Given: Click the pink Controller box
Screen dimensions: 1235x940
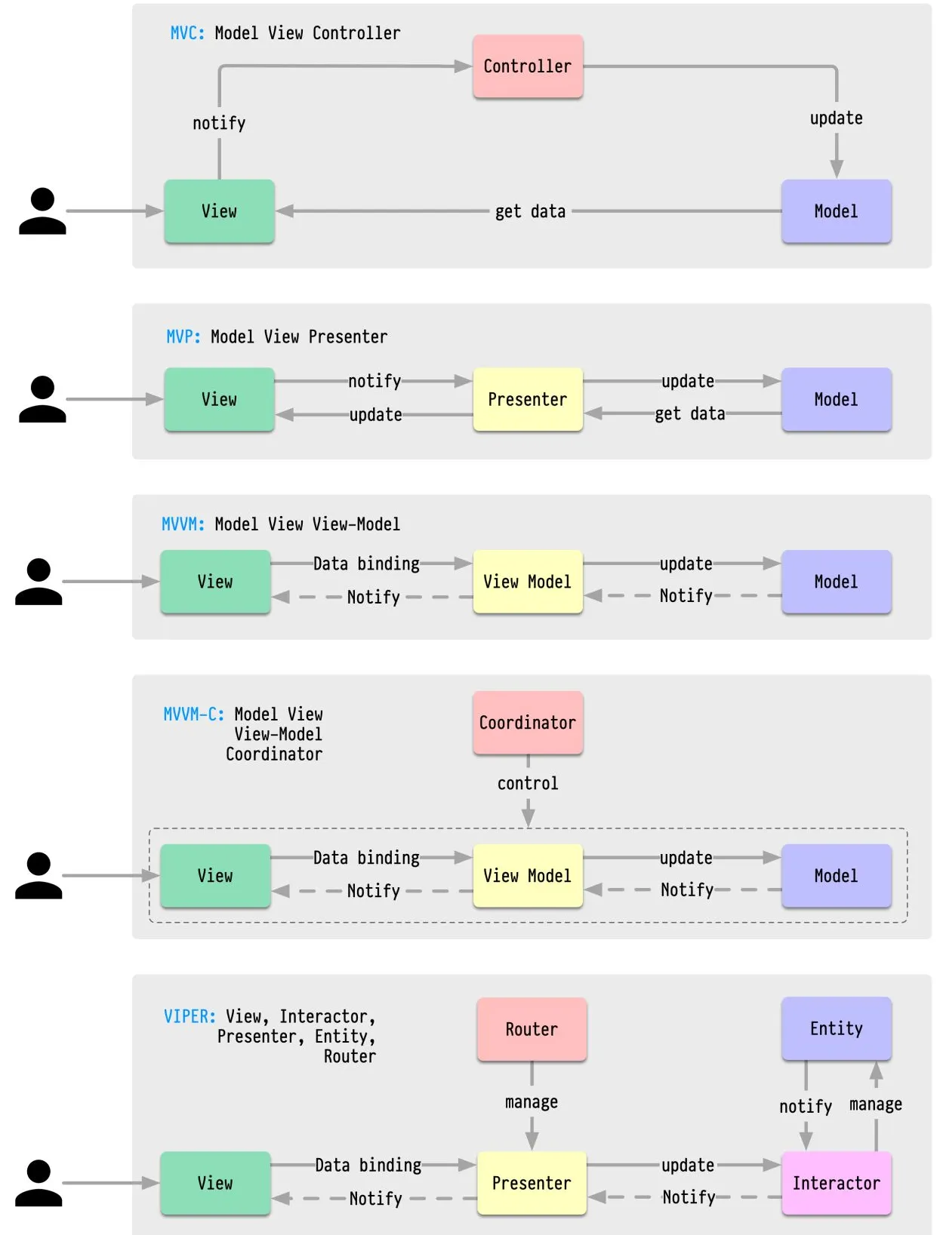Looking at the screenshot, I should [x=527, y=66].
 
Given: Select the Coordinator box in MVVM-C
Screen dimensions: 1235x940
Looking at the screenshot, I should [x=527, y=723].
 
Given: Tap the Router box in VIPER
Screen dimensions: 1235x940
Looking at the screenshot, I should [x=532, y=1029].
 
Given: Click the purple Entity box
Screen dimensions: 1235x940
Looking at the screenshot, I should [x=836, y=1028].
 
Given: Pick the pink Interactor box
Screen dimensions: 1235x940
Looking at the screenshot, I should [x=836, y=1183].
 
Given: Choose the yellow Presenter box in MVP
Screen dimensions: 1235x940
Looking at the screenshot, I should [x=527, y=399].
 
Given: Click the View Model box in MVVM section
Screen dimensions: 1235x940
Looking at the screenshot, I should [x=527, y=582].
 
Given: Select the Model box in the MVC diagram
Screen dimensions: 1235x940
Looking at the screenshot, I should [x=836, y=211].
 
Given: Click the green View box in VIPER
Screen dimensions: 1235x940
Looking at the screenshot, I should [x=215, y=1183].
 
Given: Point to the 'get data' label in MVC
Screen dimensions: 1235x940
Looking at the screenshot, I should [x=530, y=212].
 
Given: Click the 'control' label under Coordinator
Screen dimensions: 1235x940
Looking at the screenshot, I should [x=528, y=783].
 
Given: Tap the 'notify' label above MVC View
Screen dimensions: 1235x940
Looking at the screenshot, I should [x=219, y=123].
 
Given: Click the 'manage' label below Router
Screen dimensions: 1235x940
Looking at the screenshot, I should [x=532, y=1102].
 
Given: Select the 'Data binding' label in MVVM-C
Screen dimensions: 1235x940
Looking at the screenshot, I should [x=366, y=858].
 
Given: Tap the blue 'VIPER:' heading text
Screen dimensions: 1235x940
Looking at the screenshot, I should [x=190, y=1016].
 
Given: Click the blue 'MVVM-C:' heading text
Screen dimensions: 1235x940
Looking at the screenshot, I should [x=194, y=714].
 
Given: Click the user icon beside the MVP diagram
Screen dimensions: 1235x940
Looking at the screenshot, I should [x=42, y=399].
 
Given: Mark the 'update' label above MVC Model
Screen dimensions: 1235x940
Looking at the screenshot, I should [x=836, y=118].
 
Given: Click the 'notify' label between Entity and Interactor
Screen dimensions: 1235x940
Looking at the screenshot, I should [x=805, y=1106].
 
